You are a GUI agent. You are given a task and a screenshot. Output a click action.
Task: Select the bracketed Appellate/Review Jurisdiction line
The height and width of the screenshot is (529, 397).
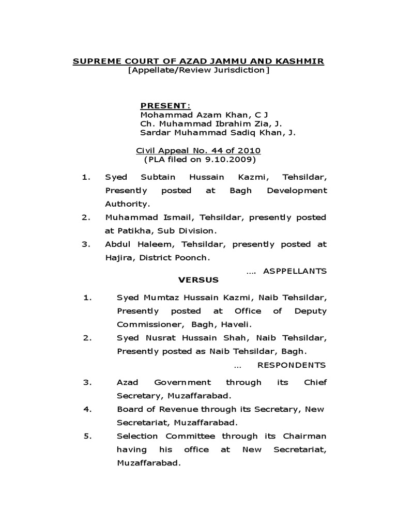pos(198,70)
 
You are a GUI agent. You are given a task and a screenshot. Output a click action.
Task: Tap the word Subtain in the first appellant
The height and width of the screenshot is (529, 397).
pos(158,177)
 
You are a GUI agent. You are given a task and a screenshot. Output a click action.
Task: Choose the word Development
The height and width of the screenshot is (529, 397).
pos(297,191)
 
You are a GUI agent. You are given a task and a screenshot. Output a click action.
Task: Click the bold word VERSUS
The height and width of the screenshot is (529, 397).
pos(198,280)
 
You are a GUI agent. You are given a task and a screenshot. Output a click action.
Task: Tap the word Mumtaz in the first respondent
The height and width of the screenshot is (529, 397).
pos(162,298)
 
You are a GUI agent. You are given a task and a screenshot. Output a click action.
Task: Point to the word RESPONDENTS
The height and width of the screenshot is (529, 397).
pos(292,365)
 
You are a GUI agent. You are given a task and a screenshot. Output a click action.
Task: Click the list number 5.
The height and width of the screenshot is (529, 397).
pos(87,436)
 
